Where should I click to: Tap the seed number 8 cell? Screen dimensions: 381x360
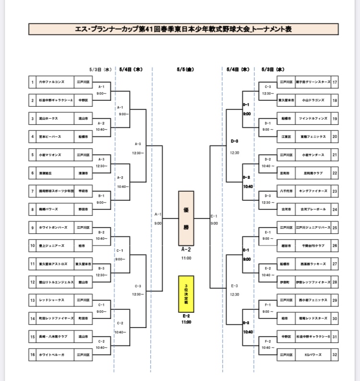(x=32, y=209)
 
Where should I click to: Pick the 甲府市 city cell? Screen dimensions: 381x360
(x=83, y=191)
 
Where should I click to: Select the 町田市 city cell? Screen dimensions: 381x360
(x=83, y=318)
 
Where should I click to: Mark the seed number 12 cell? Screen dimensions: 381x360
(x=32, y=282)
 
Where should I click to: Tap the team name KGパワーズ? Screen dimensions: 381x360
(x=312, y=355)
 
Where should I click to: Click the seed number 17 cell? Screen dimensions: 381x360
(x=335, y=83)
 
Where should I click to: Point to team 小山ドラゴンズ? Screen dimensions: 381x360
(x=312, y=100)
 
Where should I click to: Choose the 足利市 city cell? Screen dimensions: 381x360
(x=285, y=173)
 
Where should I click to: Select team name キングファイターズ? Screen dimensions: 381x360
(x=312, y=191)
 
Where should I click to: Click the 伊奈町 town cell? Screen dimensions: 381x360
(x=285, y=282)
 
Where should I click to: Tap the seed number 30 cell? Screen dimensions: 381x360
(x=335, y=318)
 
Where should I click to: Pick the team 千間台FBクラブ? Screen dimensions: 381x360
(x=312, y=246)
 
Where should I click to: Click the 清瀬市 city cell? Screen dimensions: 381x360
(x=83, y=173)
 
